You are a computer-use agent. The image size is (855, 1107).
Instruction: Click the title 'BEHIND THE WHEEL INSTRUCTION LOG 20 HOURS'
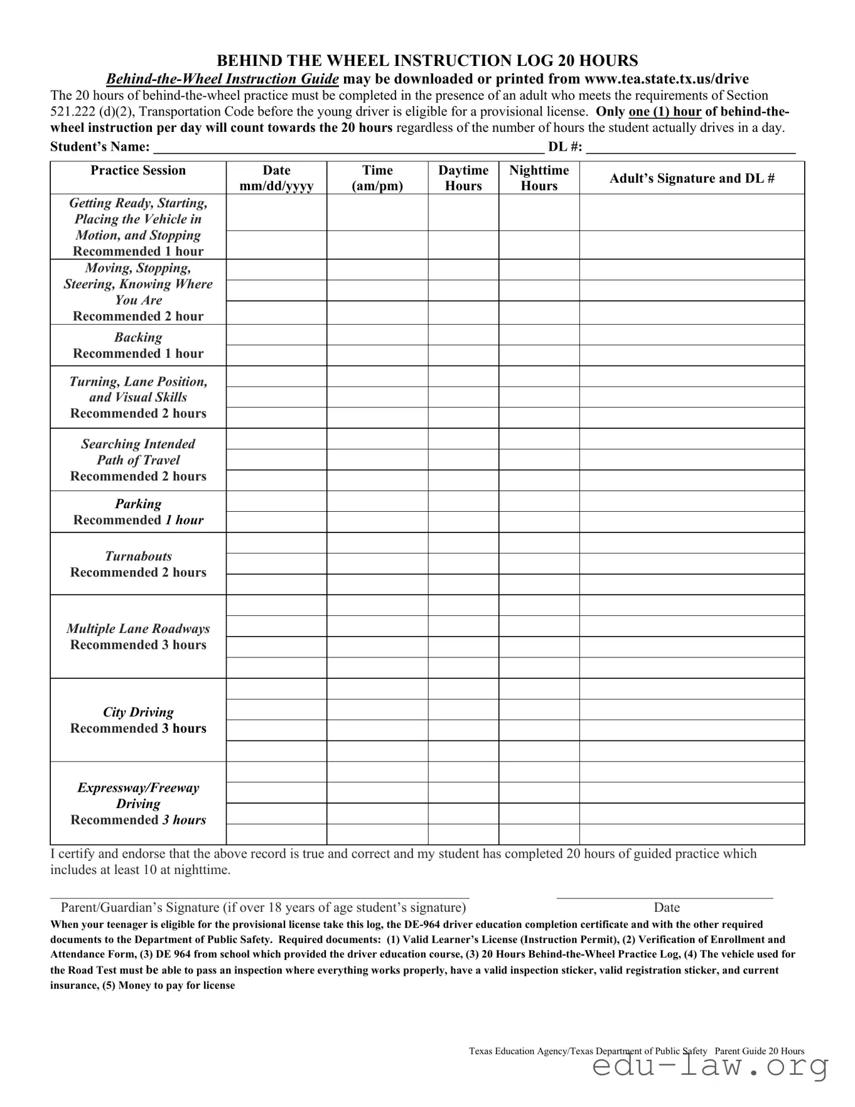[x=427, y=61]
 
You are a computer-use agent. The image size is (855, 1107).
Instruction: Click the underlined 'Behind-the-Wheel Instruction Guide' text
[x=222, y=79]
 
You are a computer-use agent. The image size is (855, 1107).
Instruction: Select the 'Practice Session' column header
[x=138, y=171]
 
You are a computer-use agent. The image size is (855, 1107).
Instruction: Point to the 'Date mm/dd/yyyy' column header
[x=276, y=178]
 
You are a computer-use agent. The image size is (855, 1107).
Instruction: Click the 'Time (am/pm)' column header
[x=377, y=178]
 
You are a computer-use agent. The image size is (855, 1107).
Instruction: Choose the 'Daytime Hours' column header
[x=463, y=178]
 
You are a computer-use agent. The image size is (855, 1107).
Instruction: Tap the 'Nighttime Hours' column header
[x=539, y=178]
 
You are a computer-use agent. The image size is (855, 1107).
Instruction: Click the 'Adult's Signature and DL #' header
[x=692, y=178]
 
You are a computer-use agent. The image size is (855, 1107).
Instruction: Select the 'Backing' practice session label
[x=138, y=338]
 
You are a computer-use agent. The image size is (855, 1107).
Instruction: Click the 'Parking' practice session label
[x=138, y=504]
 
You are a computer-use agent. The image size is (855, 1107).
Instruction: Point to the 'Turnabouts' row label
[x=138, y=556]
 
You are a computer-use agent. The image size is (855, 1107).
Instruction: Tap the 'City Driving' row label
[x=138, y=712]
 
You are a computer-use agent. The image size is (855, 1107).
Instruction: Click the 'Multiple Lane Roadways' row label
[x=138, y=629]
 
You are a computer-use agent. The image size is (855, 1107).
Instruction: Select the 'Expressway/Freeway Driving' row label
[x=138, y=796]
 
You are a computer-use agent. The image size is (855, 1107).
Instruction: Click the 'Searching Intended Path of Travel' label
[x=138, y=452]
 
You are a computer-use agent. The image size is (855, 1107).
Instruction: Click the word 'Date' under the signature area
[x=667, y=908]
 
